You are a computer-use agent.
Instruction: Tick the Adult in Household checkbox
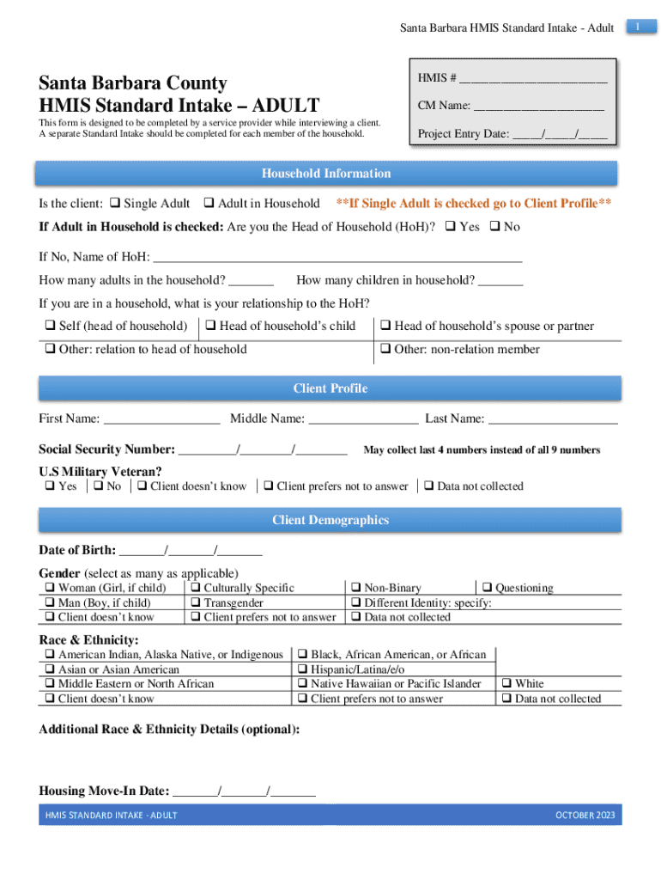209,204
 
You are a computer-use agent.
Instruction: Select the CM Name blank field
538,106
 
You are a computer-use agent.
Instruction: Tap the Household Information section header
325,174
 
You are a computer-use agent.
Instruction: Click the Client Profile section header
330,388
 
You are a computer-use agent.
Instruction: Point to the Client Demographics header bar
330,520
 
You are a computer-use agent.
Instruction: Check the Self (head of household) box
50,326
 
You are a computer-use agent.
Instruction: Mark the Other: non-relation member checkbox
385,349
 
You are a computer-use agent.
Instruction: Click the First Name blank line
161,419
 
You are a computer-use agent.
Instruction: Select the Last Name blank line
553,419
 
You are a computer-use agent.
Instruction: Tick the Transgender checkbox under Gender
196,602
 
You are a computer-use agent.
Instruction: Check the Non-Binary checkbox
356,588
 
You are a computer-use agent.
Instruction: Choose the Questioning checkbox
487,588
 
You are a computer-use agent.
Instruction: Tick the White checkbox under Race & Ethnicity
506,684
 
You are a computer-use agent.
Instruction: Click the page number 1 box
639,28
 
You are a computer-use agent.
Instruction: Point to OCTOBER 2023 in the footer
585,815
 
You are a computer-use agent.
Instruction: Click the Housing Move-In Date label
104,791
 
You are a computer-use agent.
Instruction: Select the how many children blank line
500,280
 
